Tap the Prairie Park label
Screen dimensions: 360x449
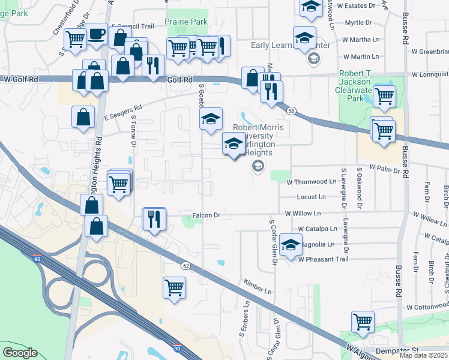click(187, 22)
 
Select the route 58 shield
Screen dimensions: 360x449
click(291, 111)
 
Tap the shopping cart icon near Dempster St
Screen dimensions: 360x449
click(363, 321)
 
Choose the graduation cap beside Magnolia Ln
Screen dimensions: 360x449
click(291, 245)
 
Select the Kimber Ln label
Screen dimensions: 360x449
click(258, 282)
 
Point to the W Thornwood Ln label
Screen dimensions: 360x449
click(312, 181)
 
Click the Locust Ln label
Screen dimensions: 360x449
click(311, 197)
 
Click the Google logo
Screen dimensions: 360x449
click(20, 353)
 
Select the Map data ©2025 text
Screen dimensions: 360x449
click(424, 355)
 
